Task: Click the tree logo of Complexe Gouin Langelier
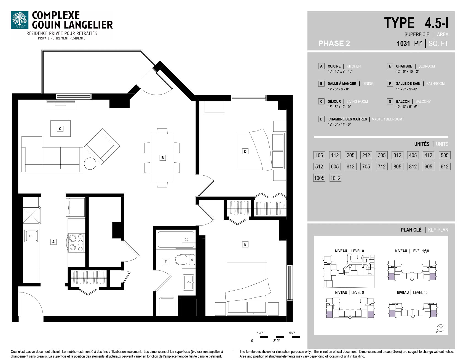[x=20, y=20]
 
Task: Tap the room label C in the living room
[x=60, y=128]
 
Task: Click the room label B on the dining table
[x=163, y=158]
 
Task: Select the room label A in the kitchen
[x=53, y=242]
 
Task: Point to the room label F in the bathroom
[x=166, y=262]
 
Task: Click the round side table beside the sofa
[x=90, y=164]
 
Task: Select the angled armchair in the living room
[x=102, y=147]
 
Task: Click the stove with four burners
[x=76, y=242]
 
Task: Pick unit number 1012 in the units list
[x=335, y=178]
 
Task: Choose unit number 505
[x=444, y=155]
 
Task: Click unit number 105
[x=319, y=155]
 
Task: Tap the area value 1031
[x=403, y=44]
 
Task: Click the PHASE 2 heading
[x=334, y=44]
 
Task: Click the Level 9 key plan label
[x=349, y=292]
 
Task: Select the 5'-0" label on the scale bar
[x=292, y=333]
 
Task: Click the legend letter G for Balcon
[x=390, y=101]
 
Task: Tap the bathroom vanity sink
[x=189, y=282]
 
